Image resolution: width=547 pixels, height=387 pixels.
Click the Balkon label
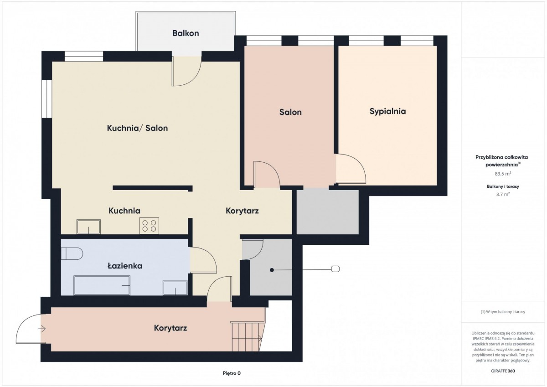pos(186,33)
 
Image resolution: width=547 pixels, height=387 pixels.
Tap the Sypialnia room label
pos(387,111)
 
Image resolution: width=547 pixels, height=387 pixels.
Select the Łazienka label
pos(125,266)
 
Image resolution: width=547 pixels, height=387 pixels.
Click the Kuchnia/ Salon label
pos(137,128)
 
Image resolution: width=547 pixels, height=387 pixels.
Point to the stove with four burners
pos(149,226)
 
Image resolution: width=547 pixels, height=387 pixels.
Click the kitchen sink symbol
pos(88,227)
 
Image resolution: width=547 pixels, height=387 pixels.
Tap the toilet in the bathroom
pos(72,254)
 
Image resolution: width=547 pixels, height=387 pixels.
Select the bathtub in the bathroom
pos(102,285)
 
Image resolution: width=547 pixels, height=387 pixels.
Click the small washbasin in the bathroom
pos(175,288)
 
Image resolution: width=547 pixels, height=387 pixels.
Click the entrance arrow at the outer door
pos(42,329)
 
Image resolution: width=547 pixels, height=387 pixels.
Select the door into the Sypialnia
pos(351,169)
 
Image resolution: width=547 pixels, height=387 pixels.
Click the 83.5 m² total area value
pos(503,174)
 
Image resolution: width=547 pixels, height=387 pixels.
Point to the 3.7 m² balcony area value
pos(503,194)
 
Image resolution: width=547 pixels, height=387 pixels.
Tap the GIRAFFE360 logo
pos(503,371)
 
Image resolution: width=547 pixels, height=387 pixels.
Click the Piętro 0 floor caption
pos(232,373)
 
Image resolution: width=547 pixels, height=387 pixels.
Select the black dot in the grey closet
pos(272,270)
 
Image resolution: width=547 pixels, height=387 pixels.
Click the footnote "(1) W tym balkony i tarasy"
pos(503,311)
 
